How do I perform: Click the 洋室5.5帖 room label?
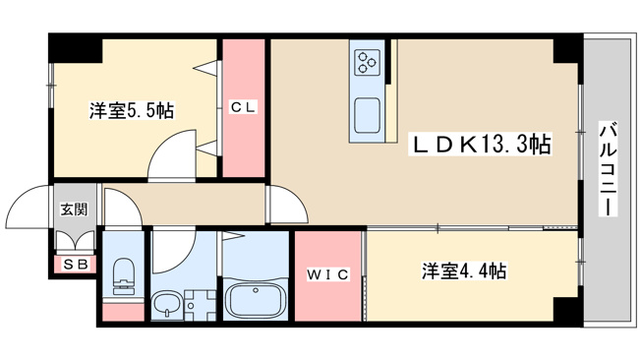[x=132, y=110]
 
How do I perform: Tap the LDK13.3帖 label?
[x=481, y=144]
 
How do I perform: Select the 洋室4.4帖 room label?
[x=464, y=270]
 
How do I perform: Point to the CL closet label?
[x=243, y=107]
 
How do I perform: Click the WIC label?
[x=327, y=274]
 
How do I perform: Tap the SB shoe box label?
[x=76, y=265]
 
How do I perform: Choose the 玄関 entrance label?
[x=74, y=210]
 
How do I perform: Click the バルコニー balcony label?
[x=609, y=168]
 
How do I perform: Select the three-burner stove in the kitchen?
[x=367, y=62]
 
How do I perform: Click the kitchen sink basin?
[x=367, y=115]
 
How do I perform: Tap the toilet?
[x=122, y=276]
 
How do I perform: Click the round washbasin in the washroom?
[x=167, y=304]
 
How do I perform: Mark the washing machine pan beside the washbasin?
[x=200, y=305]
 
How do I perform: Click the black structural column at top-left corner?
[x=76, y=48]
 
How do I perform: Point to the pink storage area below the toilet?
[x=123, y=312]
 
